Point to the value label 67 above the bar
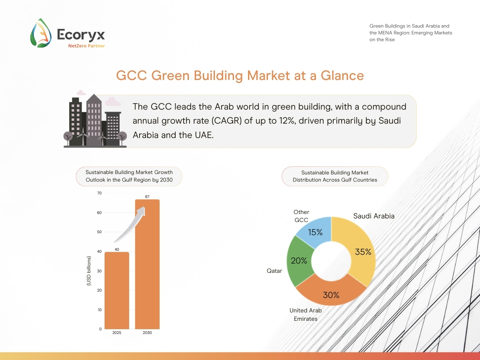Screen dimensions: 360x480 [x=147, y=196]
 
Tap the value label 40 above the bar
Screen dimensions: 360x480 [x=117, y=249]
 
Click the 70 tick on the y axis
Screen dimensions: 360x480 [x=99, y=193]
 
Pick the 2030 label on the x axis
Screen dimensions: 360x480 [x=147, y=333]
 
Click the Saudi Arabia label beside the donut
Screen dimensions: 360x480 [x=374, y=216]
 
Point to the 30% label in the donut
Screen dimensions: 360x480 [x=331, y=295]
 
